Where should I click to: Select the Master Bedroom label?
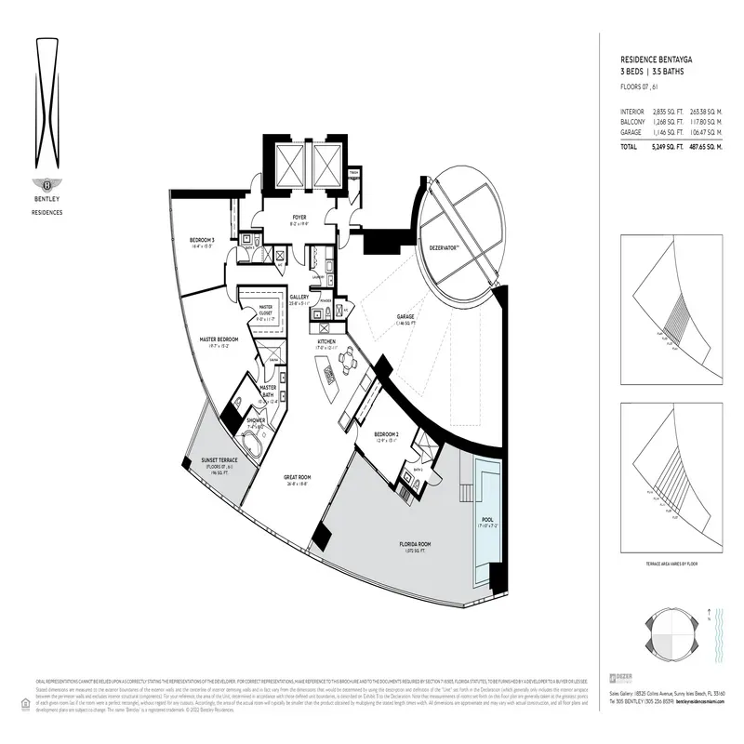(219, 341)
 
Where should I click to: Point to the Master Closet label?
(265, 310)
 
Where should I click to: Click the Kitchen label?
(325, 343)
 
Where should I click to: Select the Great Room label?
(298, 479)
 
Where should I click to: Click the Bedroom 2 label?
(387, 436)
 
